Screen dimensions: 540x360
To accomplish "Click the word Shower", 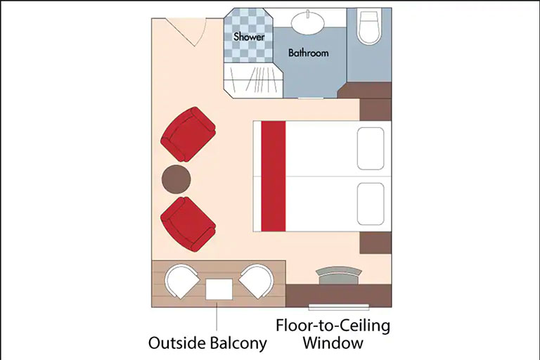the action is click(x=249, y=37).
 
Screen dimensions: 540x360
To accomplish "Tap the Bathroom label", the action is click(x=308, y=53).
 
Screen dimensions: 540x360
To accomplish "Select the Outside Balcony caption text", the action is click(x=207, y=343).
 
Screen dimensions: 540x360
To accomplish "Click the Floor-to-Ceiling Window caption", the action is click(x=333, y=334).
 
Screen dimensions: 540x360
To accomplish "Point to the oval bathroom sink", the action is click(x=307, y=22).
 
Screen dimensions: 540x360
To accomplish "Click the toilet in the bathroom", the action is click(x=370, y=27).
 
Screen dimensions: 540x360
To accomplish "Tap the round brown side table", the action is click(x=176, y=179).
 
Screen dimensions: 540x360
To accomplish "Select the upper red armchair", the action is click(x=188, y=134).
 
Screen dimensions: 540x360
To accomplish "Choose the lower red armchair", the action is click(x=188, y=224).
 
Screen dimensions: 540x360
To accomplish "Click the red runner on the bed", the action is click(x=274, y=176).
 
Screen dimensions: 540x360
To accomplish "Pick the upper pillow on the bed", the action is click(x=371, y=148).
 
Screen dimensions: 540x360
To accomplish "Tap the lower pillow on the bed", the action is click(x=371, y=204).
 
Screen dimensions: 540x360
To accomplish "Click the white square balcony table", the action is click(x=219, y=290).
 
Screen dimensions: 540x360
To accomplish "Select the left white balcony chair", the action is click(x=181, y=281).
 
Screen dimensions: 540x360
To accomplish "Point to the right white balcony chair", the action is click(x=256, y=281).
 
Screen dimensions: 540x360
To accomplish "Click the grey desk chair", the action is click(x=339, y=275).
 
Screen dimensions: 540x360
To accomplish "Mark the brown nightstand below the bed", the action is click(x=375, y=243).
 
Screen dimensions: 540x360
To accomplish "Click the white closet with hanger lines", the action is click(x=253, y=79).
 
